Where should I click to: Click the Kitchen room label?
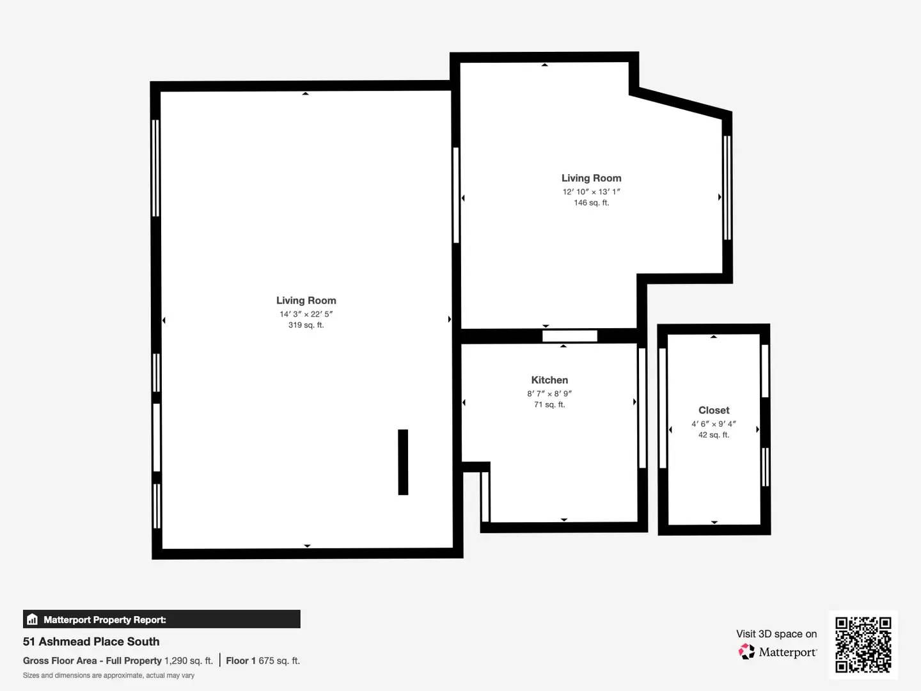coord(549,380)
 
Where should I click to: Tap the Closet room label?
coord(714,410)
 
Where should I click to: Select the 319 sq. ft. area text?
coord(306,325)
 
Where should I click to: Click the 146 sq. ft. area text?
coord(591,203)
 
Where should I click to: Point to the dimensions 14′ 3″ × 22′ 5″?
coord(306,314)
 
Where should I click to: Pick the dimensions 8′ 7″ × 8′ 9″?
coord(549,393)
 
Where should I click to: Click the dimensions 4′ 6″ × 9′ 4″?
coord(714,424)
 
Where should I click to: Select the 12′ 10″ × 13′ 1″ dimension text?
coord(591,192)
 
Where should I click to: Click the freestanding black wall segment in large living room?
coord(403,462)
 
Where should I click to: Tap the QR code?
coord(863,644)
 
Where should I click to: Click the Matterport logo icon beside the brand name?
coord(746,652)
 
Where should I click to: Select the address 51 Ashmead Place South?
coord(91,642)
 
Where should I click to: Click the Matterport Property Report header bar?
coord(161,619)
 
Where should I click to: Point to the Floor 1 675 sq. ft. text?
coord(263,661)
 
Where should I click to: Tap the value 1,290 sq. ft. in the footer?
coord(189,661)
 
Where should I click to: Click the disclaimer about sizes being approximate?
coord(109,676)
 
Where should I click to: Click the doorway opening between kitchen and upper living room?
coord(569,336)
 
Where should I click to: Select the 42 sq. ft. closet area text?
coord(714,435)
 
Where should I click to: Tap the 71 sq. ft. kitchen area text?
coord(549,405)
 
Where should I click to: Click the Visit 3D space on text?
coord(776,634)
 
